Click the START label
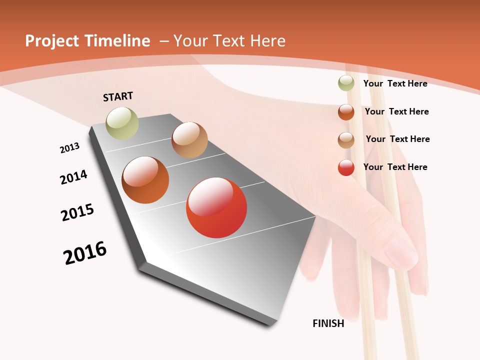(118, 96)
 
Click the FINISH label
(328, 323)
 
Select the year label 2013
(69, 148)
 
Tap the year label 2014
(73, 177)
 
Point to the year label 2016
(85, 253)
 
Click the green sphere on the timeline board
(122, 123)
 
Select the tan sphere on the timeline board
(189, 140)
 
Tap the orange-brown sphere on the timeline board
(145, 180)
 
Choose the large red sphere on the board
(216, 207)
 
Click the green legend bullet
(346, 83)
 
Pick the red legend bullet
(346, 167)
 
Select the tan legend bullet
(346, 139)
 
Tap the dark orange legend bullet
(346, 111)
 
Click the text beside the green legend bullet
(395, 83)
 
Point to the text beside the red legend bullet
(395, 167)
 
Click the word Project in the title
(52, 41)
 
